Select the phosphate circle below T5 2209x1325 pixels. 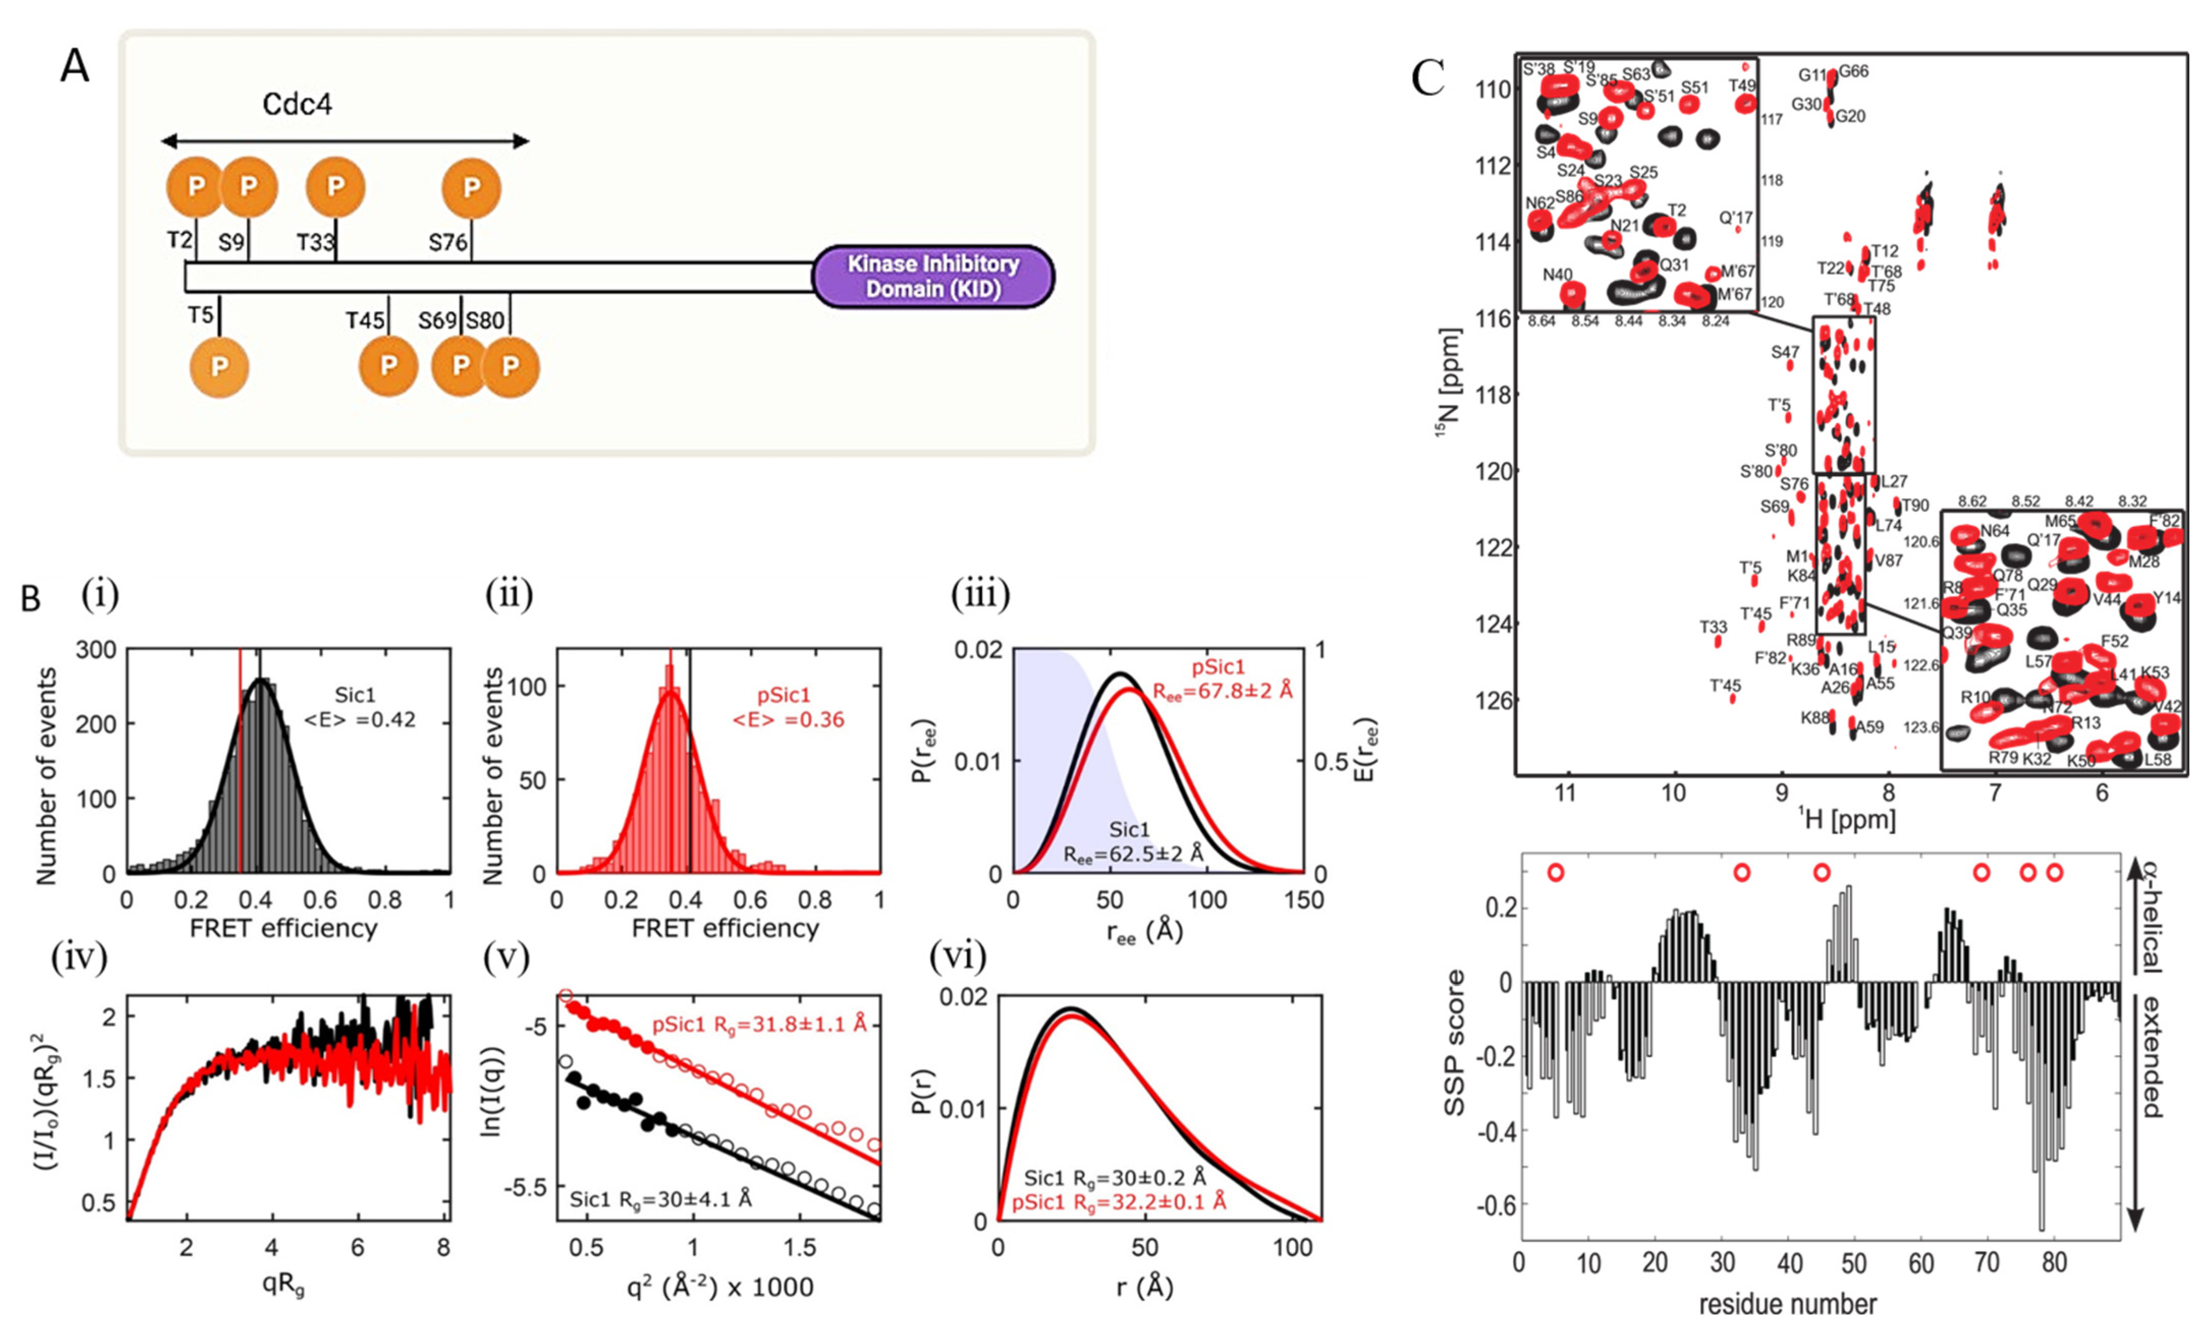(x=219, y=367)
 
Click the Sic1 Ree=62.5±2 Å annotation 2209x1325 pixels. (x=1132, y=842)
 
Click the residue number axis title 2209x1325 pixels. (x=1787, y=1305)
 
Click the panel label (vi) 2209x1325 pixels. (x=957, y=957)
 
